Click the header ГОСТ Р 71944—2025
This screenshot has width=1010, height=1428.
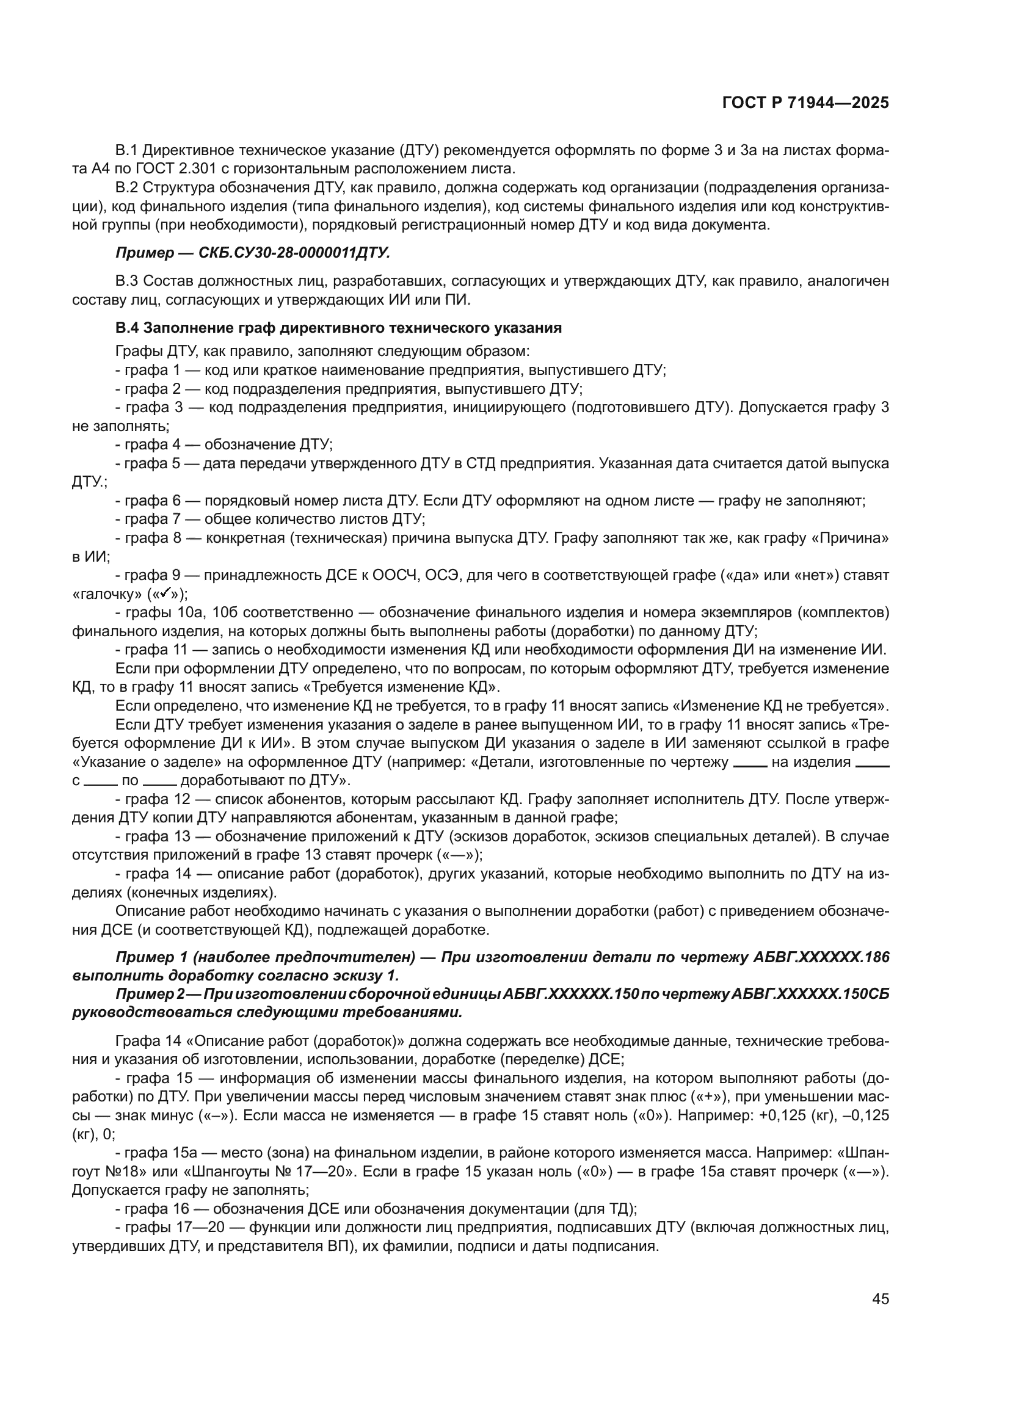coord(805,103)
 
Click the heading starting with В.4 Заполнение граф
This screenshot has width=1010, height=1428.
coord(338,328)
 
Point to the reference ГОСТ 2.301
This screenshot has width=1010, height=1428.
coord(148,169)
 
